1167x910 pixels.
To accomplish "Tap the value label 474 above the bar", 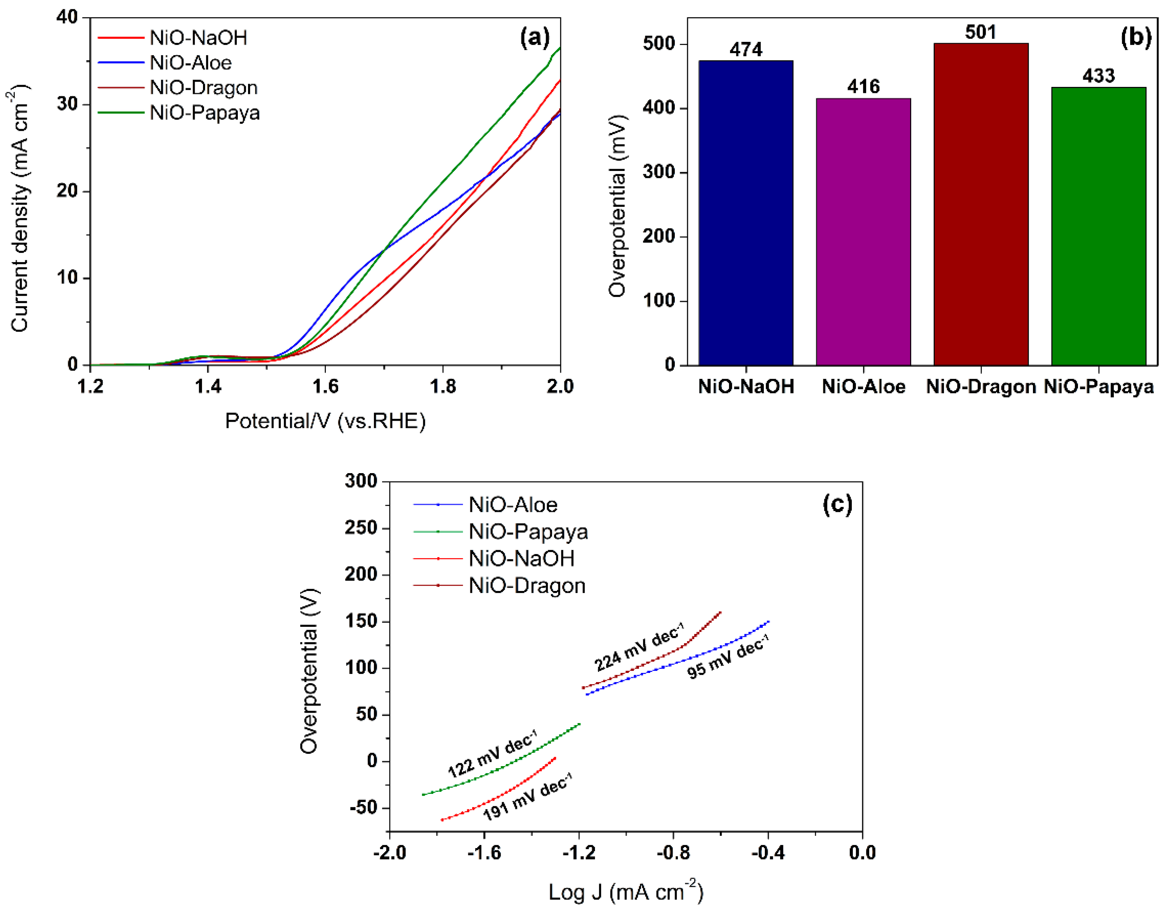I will click(746, 50).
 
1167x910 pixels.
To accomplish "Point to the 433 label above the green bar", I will click(1099, 76).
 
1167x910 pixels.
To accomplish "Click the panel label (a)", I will click(534, 37).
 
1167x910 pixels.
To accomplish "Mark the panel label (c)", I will click(837, 504).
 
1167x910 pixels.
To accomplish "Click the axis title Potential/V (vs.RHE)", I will click(325, 421).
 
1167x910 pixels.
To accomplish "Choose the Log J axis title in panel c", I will click(626, 892).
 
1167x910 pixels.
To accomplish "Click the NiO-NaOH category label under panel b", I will click(746, 386).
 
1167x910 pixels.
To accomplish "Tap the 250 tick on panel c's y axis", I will click(361, 528).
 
